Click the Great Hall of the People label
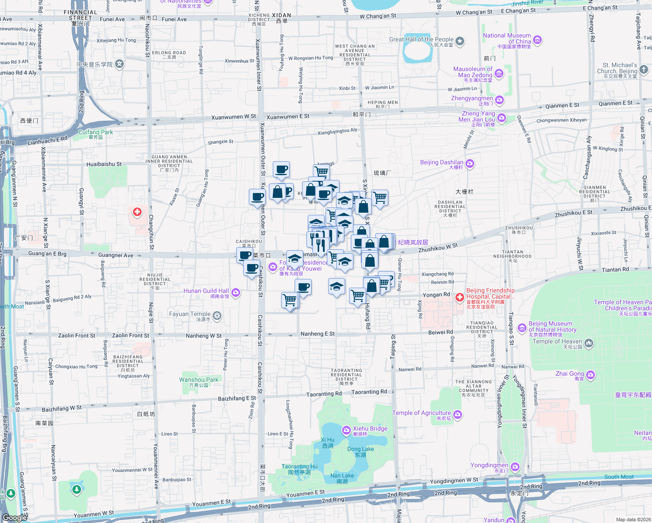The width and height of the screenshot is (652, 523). click(x=421, y=39)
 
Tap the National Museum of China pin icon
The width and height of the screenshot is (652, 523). click(x=537, y=41)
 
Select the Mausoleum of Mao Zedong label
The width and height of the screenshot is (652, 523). click(x=472, y=72)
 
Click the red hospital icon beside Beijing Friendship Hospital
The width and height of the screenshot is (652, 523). click(x=459, y=297)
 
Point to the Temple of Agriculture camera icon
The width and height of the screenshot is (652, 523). click(x=458, y=414)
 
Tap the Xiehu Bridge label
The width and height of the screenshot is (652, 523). click(x=370, y=428)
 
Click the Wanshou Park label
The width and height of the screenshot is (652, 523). click(x=199, y=380)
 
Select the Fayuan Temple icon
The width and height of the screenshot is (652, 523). click(x=217, y=315)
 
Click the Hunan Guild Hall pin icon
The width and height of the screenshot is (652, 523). click(x=236, y=292)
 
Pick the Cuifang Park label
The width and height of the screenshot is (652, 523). click(x=95, y=132)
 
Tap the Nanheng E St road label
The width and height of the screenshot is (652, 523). click(x=317, y=334)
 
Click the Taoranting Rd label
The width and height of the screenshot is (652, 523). click(x=324, y=394)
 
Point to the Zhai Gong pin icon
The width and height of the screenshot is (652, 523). click(x=591, y=375)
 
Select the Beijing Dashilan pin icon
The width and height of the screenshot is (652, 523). click(x=470, y=163)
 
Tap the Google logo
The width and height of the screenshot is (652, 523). click(x=15, y=517)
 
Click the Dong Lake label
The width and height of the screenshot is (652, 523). click(x=360, y=449)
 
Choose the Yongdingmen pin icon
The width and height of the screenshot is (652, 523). click(x=515, y=467)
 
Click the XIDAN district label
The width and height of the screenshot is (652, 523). click(x=282, y=15)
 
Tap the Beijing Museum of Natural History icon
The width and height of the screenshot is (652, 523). click(x=522, y=328)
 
